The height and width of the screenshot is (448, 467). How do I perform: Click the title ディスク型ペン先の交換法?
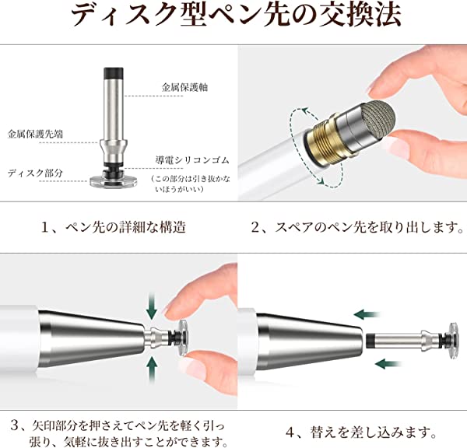coord(236,15)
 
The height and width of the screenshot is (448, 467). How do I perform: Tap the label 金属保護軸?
coord(184,87)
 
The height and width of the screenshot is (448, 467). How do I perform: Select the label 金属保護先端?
coord(35,134)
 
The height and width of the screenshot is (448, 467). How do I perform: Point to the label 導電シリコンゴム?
coord(192,160)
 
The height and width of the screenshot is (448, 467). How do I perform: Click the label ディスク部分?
coord(35,173)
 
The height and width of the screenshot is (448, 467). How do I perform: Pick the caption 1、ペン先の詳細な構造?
coord(113,227)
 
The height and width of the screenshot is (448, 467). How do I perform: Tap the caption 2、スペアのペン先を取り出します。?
coord(357,227)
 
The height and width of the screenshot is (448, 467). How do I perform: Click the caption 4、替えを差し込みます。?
coord(360,432)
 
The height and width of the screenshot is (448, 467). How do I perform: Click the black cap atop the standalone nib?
coord(114,72)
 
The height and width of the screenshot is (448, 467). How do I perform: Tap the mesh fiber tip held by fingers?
coord(377,119)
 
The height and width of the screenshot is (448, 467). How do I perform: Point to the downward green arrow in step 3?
coord(152,306)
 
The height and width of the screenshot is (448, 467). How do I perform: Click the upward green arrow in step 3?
coord(152,369)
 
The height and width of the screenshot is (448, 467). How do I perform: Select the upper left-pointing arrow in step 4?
coord(367,314)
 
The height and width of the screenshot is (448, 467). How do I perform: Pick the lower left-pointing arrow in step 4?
coord(388,363)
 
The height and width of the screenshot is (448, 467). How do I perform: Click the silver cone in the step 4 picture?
coord(310,341)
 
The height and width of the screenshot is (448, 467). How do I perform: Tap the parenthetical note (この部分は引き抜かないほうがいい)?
coord(191,184)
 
